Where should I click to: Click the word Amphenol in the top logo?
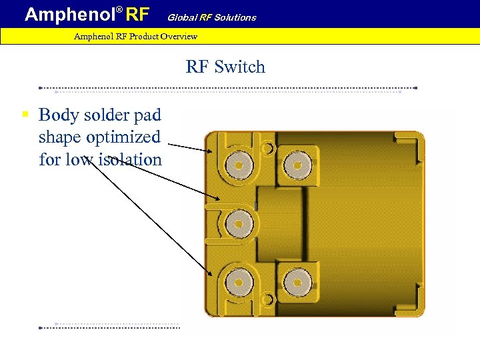tap(69, 14)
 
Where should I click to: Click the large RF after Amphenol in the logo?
tap(138, 14)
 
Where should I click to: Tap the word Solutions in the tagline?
tap(235, 17)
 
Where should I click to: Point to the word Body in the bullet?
tap(57, 115)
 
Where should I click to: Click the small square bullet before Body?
tap(25, 115)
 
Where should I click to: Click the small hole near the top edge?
tap(267, 147)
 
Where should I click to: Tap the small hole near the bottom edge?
tap(267, 299)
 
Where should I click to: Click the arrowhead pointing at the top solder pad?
tap(211, 151)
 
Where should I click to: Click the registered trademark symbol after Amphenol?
tap(120, 10)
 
